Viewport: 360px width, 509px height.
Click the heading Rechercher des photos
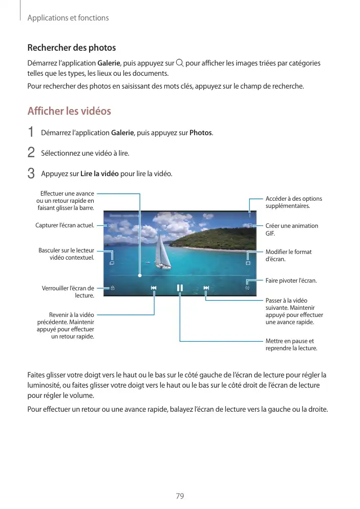[x=71, y=48]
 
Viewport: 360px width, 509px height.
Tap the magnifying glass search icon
[x=179, y=63]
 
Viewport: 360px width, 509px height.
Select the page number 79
[x=180, y=496]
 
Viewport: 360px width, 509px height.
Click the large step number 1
[x=31, y=133]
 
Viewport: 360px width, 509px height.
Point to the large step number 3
[x=31, y=174]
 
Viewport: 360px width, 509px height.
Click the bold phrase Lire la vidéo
[x=99, y=174]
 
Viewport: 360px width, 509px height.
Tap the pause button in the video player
[x=180, y=288]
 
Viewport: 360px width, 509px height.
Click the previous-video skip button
[x=154, y=288]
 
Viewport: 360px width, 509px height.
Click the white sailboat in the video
[x=163, y=252]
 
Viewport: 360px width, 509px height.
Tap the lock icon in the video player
[x=113, y=288]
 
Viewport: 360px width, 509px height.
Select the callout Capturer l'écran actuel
[x=65, y=225]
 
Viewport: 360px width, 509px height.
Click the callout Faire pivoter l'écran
[x=291, y=281]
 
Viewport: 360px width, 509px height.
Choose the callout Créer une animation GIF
[x=291, y=229]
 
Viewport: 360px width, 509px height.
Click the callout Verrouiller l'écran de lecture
[x=68, y=292]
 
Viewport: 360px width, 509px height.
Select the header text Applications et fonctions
[x=68, y=18]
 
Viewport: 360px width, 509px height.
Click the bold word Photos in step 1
[x=201, y=133]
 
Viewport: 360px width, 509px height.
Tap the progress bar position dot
[x=139, y=275]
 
